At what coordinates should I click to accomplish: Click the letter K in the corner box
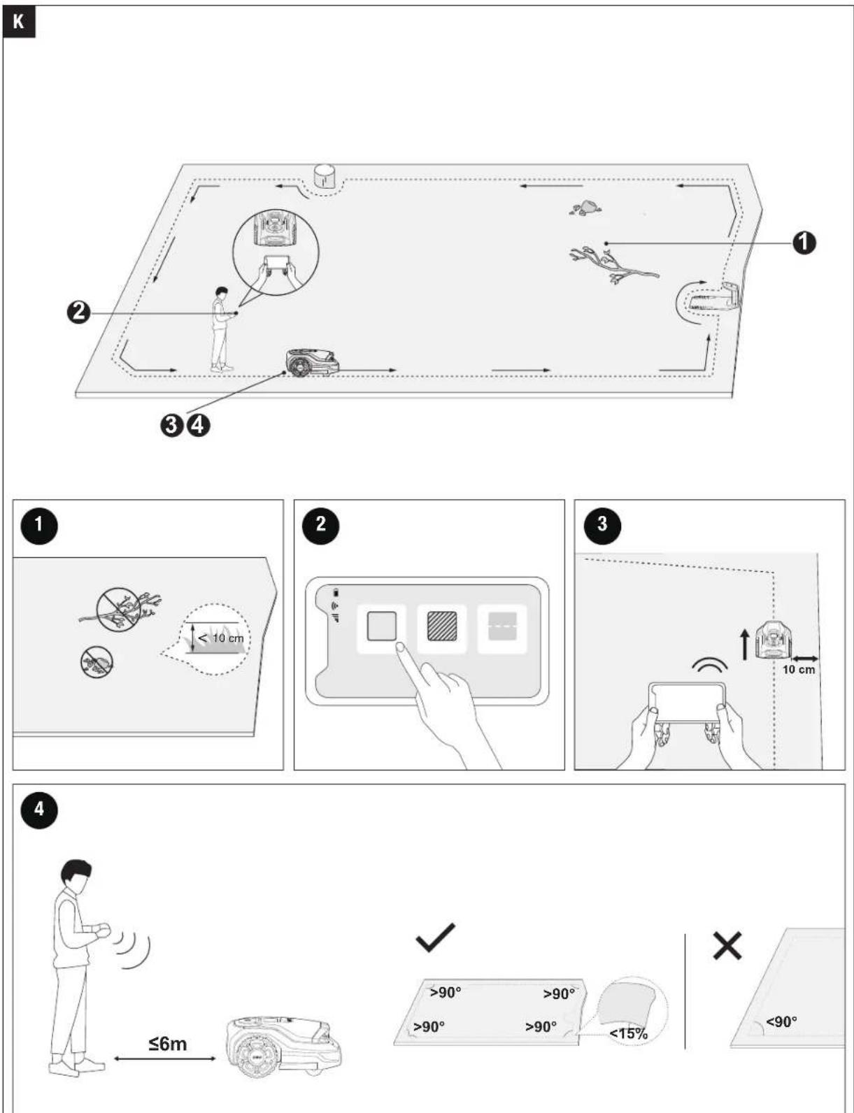click(x=18, y=22)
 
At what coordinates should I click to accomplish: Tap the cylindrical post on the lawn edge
click(x=325, y=175)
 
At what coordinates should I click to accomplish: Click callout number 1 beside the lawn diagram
click(x=804, y=243)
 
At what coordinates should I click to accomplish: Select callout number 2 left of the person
click(x=78, y=312)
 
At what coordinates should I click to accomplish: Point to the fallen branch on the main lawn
click(x=613, y=264)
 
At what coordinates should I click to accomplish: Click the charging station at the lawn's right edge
click(x=716, y=297)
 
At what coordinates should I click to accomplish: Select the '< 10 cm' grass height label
click(x=221, y=638)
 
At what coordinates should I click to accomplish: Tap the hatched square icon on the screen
click(x=441, y=626)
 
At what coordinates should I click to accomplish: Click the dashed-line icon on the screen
click(x=502, y=626)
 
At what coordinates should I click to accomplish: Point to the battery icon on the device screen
click(x=336, y=593)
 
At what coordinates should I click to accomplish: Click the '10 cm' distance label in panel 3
click(x=798, y=669)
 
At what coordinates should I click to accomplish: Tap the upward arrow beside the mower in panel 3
click(x=746, y=645)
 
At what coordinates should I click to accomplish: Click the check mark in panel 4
click(x=436, y=937)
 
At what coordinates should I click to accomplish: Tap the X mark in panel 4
click(x=727, y=945)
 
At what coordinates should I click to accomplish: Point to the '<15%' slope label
click(x=629, y=1033)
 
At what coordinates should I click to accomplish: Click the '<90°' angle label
click(x=781, y=1022)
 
